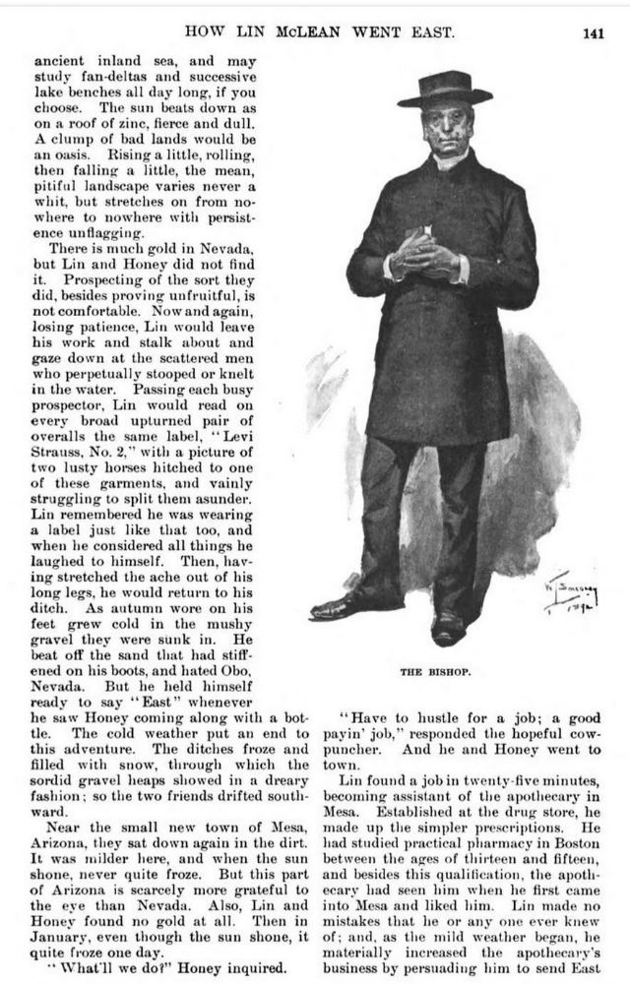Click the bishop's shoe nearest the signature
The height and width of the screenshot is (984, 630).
point(451,626)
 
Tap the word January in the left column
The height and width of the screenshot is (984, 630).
point(65,947)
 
